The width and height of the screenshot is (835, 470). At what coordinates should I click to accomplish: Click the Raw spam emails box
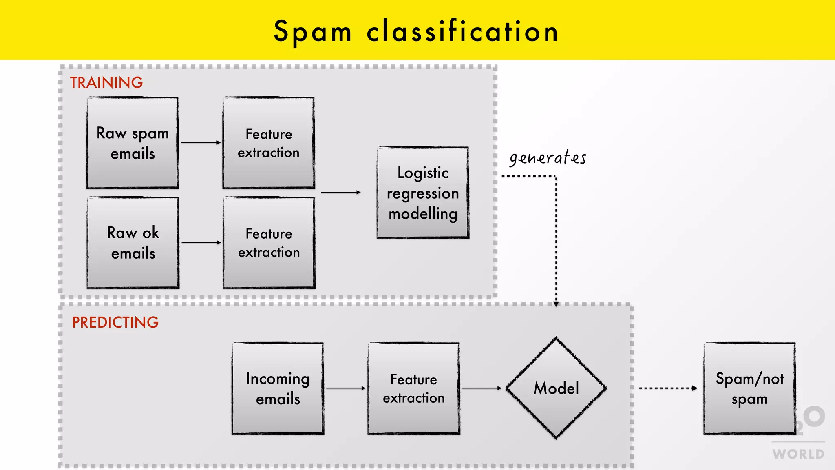(133, 143)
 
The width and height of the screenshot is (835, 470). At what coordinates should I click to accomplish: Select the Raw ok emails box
(133, 243)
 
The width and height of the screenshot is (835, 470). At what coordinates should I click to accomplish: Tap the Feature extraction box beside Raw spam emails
(269, 143)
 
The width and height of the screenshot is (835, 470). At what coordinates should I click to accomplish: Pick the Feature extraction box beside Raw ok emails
(269, 243)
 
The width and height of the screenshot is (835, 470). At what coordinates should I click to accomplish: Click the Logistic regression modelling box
(423, 193)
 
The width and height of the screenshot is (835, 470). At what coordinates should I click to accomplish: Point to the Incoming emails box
(278, 388)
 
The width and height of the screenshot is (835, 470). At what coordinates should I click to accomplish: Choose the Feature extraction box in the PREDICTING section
(413, 388)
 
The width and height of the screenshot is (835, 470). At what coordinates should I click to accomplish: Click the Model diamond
(556, 388)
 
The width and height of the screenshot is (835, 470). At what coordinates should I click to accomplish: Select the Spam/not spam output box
(749, 388)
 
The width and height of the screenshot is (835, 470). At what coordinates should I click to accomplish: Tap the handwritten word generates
(548, 158)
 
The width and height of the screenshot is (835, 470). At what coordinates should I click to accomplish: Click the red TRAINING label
(106, 83)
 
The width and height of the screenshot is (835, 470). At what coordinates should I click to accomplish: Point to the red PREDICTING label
(115, 322)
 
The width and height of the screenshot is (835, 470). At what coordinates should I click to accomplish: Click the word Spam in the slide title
(312, 32)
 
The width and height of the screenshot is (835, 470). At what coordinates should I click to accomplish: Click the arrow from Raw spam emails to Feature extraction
(201, 142)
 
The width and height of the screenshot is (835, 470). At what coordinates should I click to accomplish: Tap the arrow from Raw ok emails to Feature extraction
(201, 242)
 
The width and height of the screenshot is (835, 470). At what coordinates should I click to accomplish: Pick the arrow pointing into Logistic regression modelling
(341, 192)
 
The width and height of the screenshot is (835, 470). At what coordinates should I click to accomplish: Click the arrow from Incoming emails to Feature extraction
(346, 388)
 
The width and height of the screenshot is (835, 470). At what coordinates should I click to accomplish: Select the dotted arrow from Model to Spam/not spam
(668, 388)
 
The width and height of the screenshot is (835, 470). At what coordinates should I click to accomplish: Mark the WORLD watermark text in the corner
(798, 454)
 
